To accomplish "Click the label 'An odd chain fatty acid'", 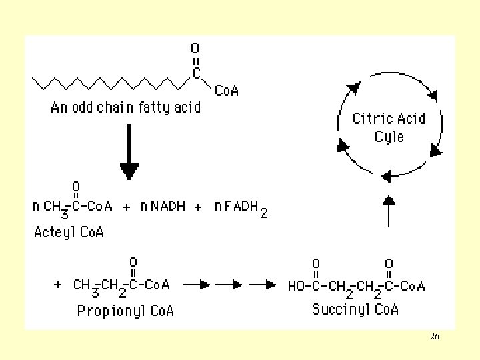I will pyautogui.click(x=126, y=107).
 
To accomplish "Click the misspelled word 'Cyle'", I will pyautogui.click(x=389, y=137).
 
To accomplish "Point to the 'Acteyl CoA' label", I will pyautogui.click(x=69, y=233).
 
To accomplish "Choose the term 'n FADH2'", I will pyautogui.click(x=241, y=207).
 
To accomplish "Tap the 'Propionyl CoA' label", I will pyautogui.click(x=125, y=311).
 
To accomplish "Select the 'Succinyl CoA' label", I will pyautogui.click(x=355, y=309).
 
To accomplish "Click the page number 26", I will pyautogui.click(x=435, y=337).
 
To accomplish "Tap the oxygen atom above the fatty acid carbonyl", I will pyautogui.click(x=195, y=49).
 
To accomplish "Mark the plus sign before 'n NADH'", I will pyautogui.click(x=127, y=207).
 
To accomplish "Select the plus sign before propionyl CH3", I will pyautogui.click(x=59, y=285).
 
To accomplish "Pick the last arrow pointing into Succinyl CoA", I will pyautogui.click(x=265, y=285).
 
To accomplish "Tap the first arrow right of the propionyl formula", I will pyautogui.click(x=195, y=285).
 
